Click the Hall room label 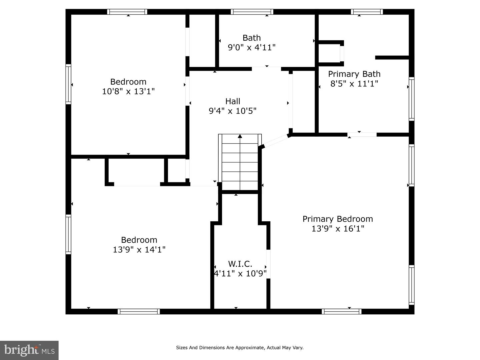(x=233, y=101)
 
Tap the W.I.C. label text (x=240, y=264)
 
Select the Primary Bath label (x=354, y=74)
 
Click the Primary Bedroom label (x=338, y=219)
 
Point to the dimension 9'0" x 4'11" (x=252, y=47)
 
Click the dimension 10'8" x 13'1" (x=128, y=91)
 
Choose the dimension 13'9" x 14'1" (x=139, y=249)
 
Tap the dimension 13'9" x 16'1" (x=338, y=229)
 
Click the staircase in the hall (x=240, y=162)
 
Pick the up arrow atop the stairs (x=240, y=136)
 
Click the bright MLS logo (x=29, y=350)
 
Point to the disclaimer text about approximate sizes (x=240, y=348)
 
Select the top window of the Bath (x=252, y=12)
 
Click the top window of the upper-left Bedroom (x=127, y=12)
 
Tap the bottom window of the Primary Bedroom (x=341, y=311)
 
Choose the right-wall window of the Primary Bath (x=412, y=99)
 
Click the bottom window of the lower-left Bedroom (x=139, y=311)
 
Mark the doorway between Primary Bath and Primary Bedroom (x=362, y=135)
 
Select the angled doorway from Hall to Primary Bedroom (x=276, y=141)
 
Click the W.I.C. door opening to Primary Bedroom (x=268, y=264)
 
